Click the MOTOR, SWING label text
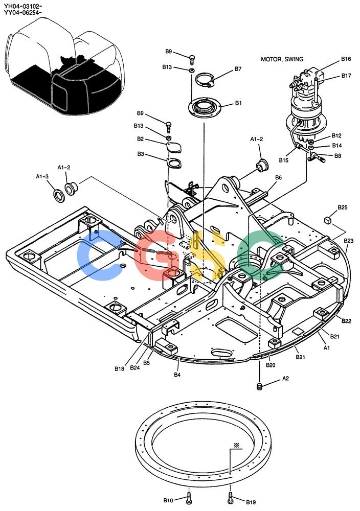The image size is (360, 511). point(282,59)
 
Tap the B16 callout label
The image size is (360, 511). point(346,59)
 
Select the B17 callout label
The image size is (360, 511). point(346,76)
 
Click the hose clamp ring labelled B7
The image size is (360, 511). point(205,80)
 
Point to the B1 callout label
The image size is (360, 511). point(238,103)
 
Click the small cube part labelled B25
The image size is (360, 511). point(328,220)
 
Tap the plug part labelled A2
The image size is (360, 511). point(260,386)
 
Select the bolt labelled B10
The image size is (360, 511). point(189,497)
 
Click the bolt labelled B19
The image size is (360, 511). point(230,497)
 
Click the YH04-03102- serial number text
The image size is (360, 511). point(23,6)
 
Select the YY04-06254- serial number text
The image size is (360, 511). point(23,13)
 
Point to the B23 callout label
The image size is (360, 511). point(349,241)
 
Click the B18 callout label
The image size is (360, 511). point(119,369)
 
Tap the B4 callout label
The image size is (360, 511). point(177,375)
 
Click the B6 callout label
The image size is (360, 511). point(278,178)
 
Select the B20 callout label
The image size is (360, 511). point(271,365)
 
